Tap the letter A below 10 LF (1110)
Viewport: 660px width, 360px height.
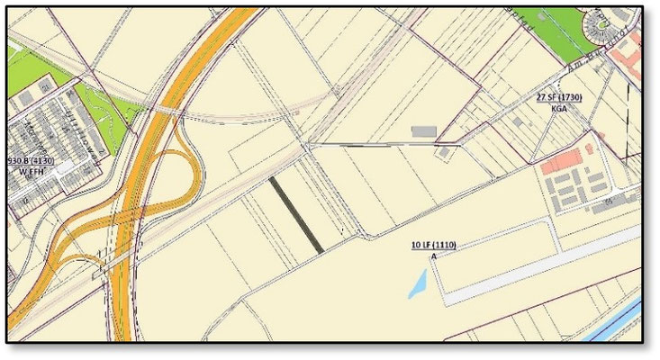[x=434, y=256]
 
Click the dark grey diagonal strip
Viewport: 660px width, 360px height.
[x=297, y=213]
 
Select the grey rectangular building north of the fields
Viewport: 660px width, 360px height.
[x=423, y=132]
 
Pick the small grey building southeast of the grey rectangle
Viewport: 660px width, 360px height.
[x=444, y=152]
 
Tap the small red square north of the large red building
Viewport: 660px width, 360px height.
[x=589, y=147]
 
